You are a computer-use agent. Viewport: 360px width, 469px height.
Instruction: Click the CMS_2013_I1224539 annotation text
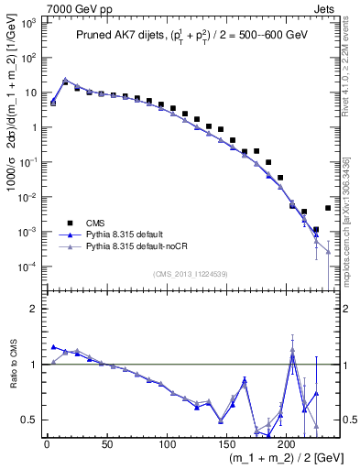point(190,272)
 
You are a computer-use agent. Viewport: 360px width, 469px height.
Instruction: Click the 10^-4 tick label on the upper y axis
point(27,267)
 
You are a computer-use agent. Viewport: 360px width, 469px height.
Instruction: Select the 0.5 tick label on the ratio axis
point(29,420)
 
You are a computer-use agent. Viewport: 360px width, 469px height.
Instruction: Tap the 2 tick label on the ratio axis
point(34,309)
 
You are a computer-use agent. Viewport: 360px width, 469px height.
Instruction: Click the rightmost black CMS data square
point(328,208)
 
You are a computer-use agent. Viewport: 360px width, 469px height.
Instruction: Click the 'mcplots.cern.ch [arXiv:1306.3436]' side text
point(353,229)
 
